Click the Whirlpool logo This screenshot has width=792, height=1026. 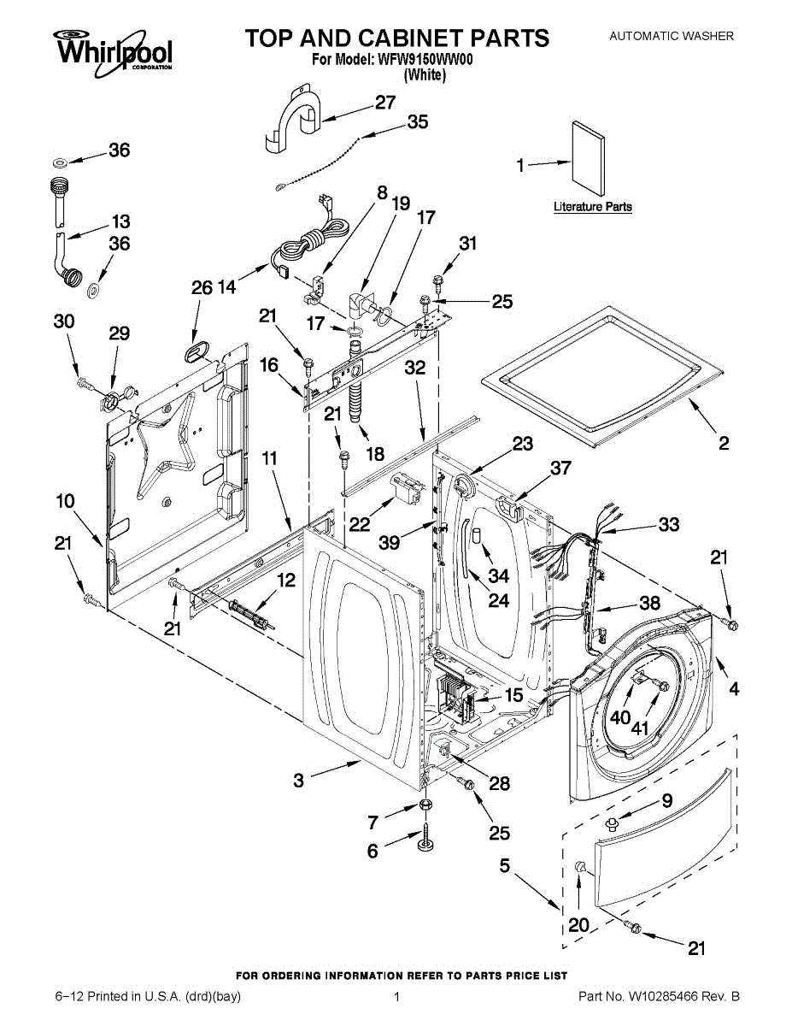(x=113, y=49)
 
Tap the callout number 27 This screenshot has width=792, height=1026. (x=385, y=102)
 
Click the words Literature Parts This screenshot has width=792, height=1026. (x=592, y=207)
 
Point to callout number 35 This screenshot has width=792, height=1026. (x=417, y=122)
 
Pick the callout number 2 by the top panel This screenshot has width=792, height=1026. (x=724, y=443)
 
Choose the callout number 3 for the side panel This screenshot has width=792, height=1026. (x=298, y=780)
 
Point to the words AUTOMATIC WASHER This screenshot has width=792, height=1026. (x=671, y=36)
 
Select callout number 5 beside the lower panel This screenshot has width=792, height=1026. (x=505, y=866)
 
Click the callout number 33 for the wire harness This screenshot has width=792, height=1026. (x=668, y=523)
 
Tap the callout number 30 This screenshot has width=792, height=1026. (x=63, y=321)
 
